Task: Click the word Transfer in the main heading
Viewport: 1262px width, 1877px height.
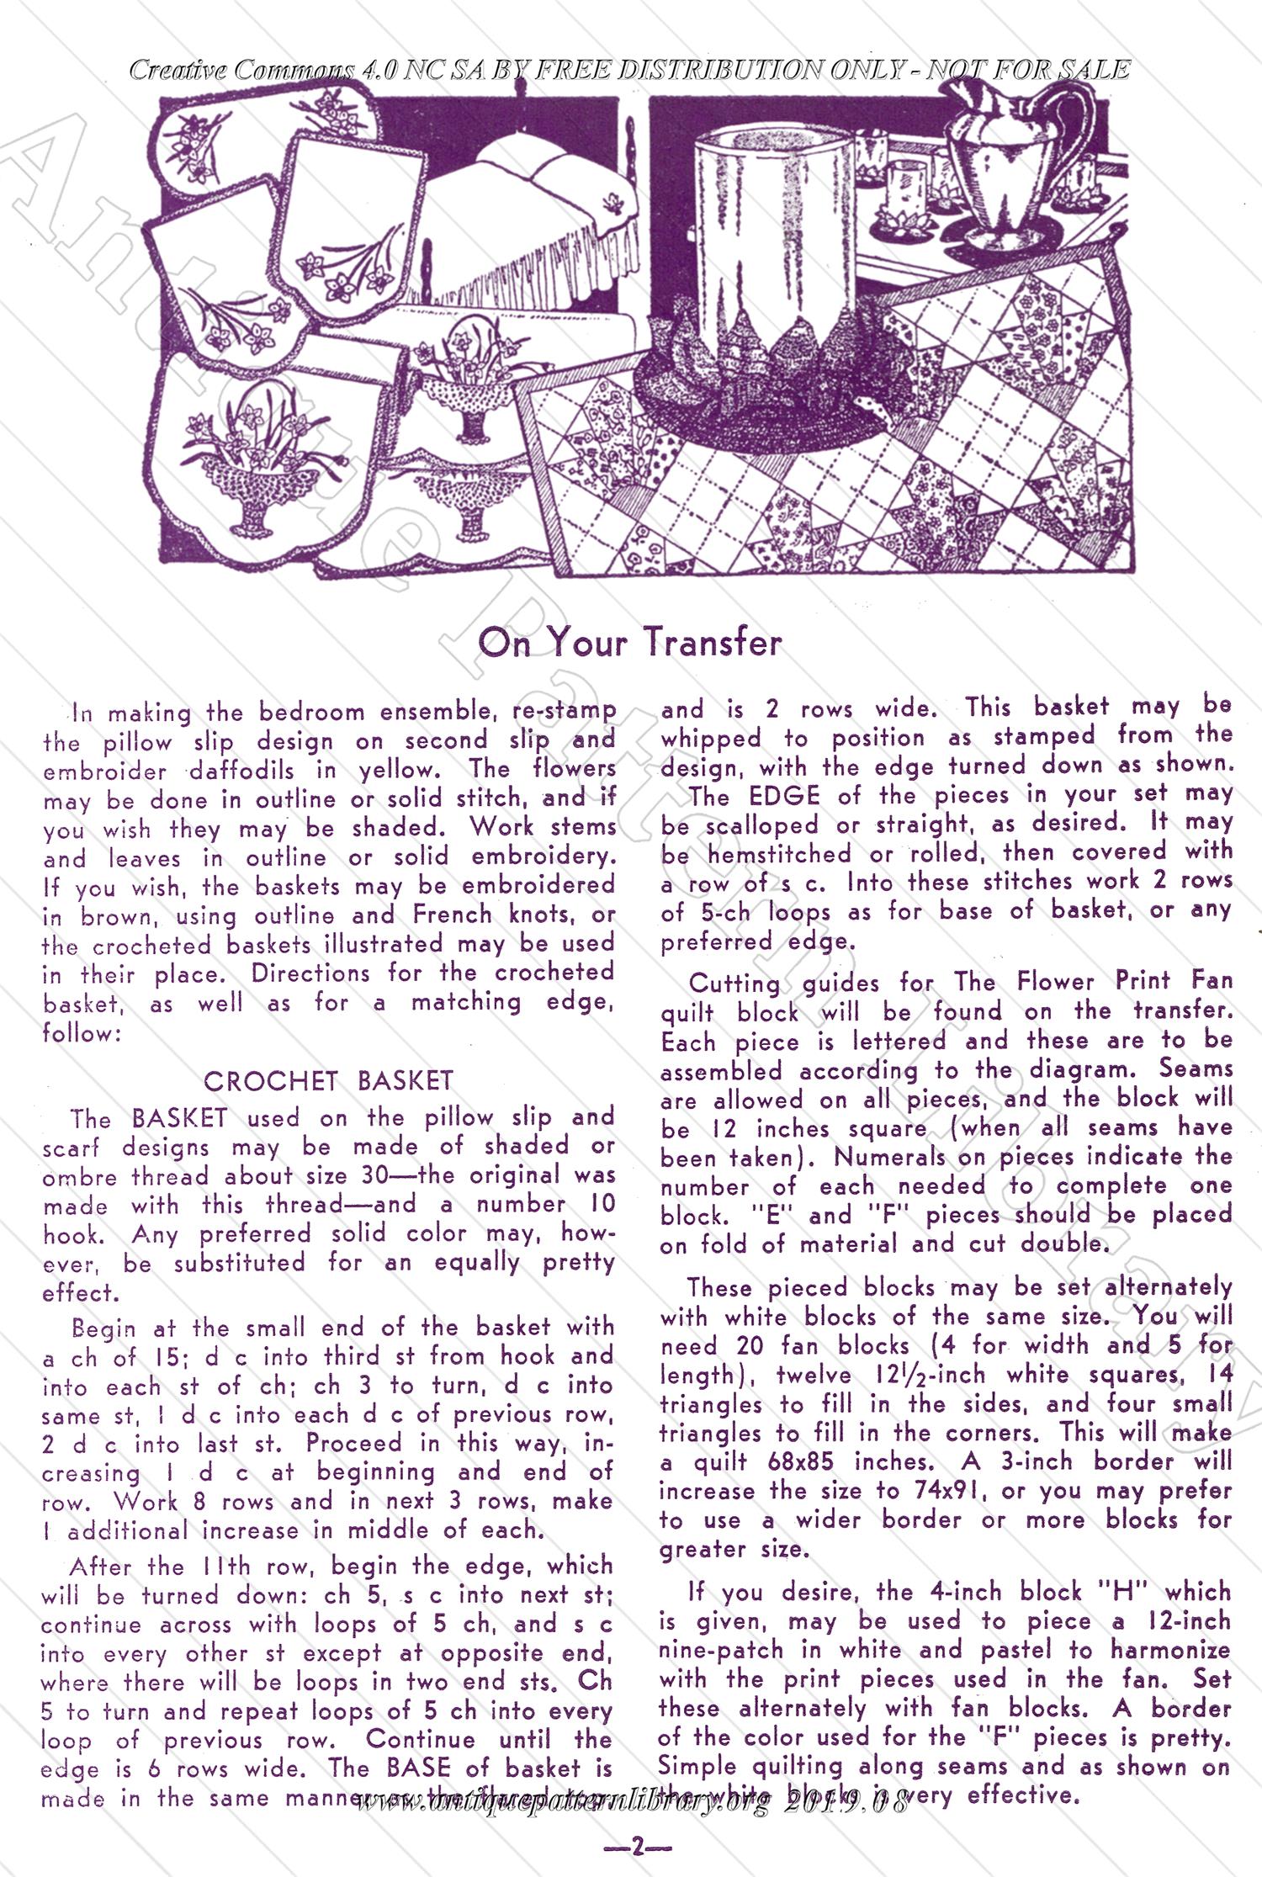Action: click(713, 644)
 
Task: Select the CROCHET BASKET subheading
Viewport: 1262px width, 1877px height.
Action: click(328, 1080)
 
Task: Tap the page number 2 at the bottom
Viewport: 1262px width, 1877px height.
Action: click(637, 1848)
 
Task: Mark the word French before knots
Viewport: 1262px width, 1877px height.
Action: click(452, 915)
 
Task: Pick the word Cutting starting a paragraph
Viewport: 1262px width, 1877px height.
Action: click(734, 983)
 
